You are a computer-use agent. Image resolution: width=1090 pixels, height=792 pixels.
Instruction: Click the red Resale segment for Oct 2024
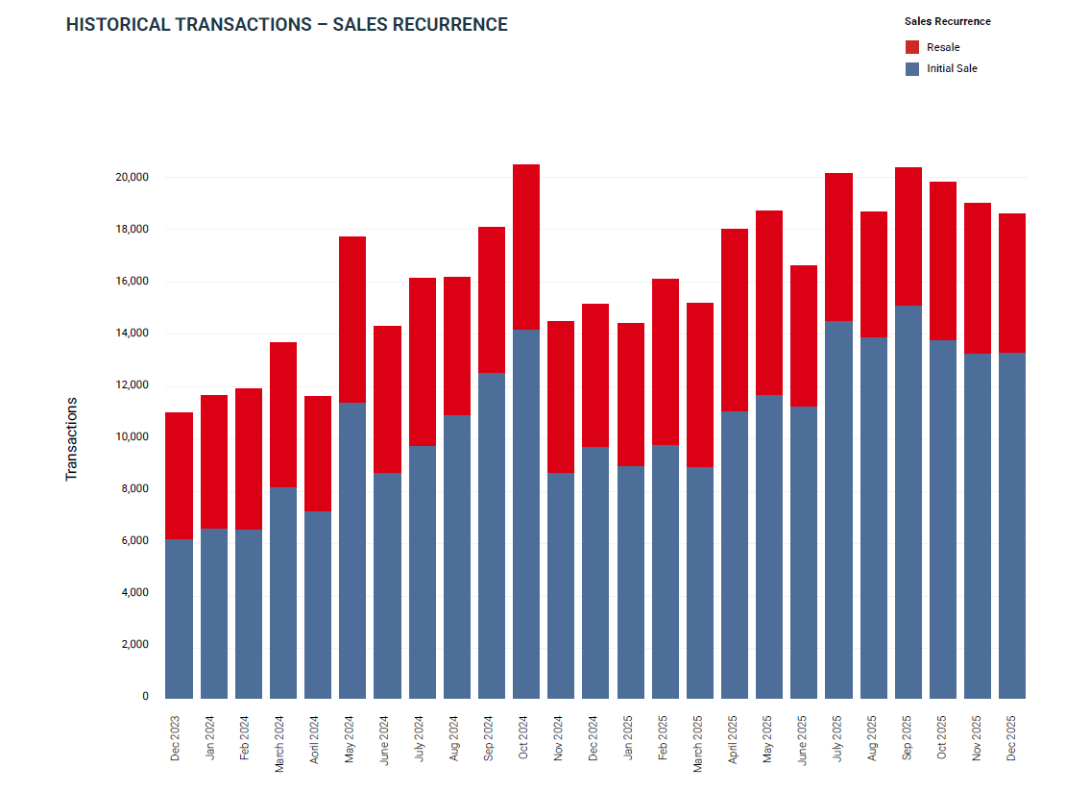(526, 247)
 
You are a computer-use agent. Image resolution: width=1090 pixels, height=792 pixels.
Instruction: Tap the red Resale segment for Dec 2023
(179, 476)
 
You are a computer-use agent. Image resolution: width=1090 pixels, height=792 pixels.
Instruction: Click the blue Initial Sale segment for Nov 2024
(561, 585)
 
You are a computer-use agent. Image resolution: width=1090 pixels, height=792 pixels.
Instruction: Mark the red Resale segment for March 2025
(699, 384)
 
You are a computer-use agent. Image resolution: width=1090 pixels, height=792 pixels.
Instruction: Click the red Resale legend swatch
(912, 47)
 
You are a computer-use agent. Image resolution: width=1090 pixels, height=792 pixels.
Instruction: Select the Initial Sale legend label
(952, 69)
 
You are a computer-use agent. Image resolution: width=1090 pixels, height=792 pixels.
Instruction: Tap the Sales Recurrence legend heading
(947, 21)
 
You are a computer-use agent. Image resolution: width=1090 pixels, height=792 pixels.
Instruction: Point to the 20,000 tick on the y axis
(132, 178)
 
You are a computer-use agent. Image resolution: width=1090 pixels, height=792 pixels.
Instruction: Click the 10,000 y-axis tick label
(132, 437)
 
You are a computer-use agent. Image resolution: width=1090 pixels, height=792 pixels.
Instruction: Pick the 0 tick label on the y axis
(145, 697)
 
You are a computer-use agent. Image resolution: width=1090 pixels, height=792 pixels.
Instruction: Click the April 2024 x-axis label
(314, 738)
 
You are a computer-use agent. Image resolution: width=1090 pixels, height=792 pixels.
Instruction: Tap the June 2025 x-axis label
(802, 738)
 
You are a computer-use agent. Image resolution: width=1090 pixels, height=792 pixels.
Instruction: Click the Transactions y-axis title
(71, 439)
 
